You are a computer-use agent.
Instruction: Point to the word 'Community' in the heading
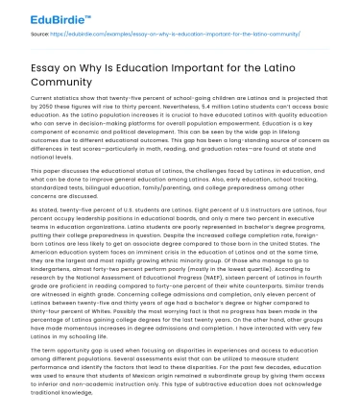tap(66, 85)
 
